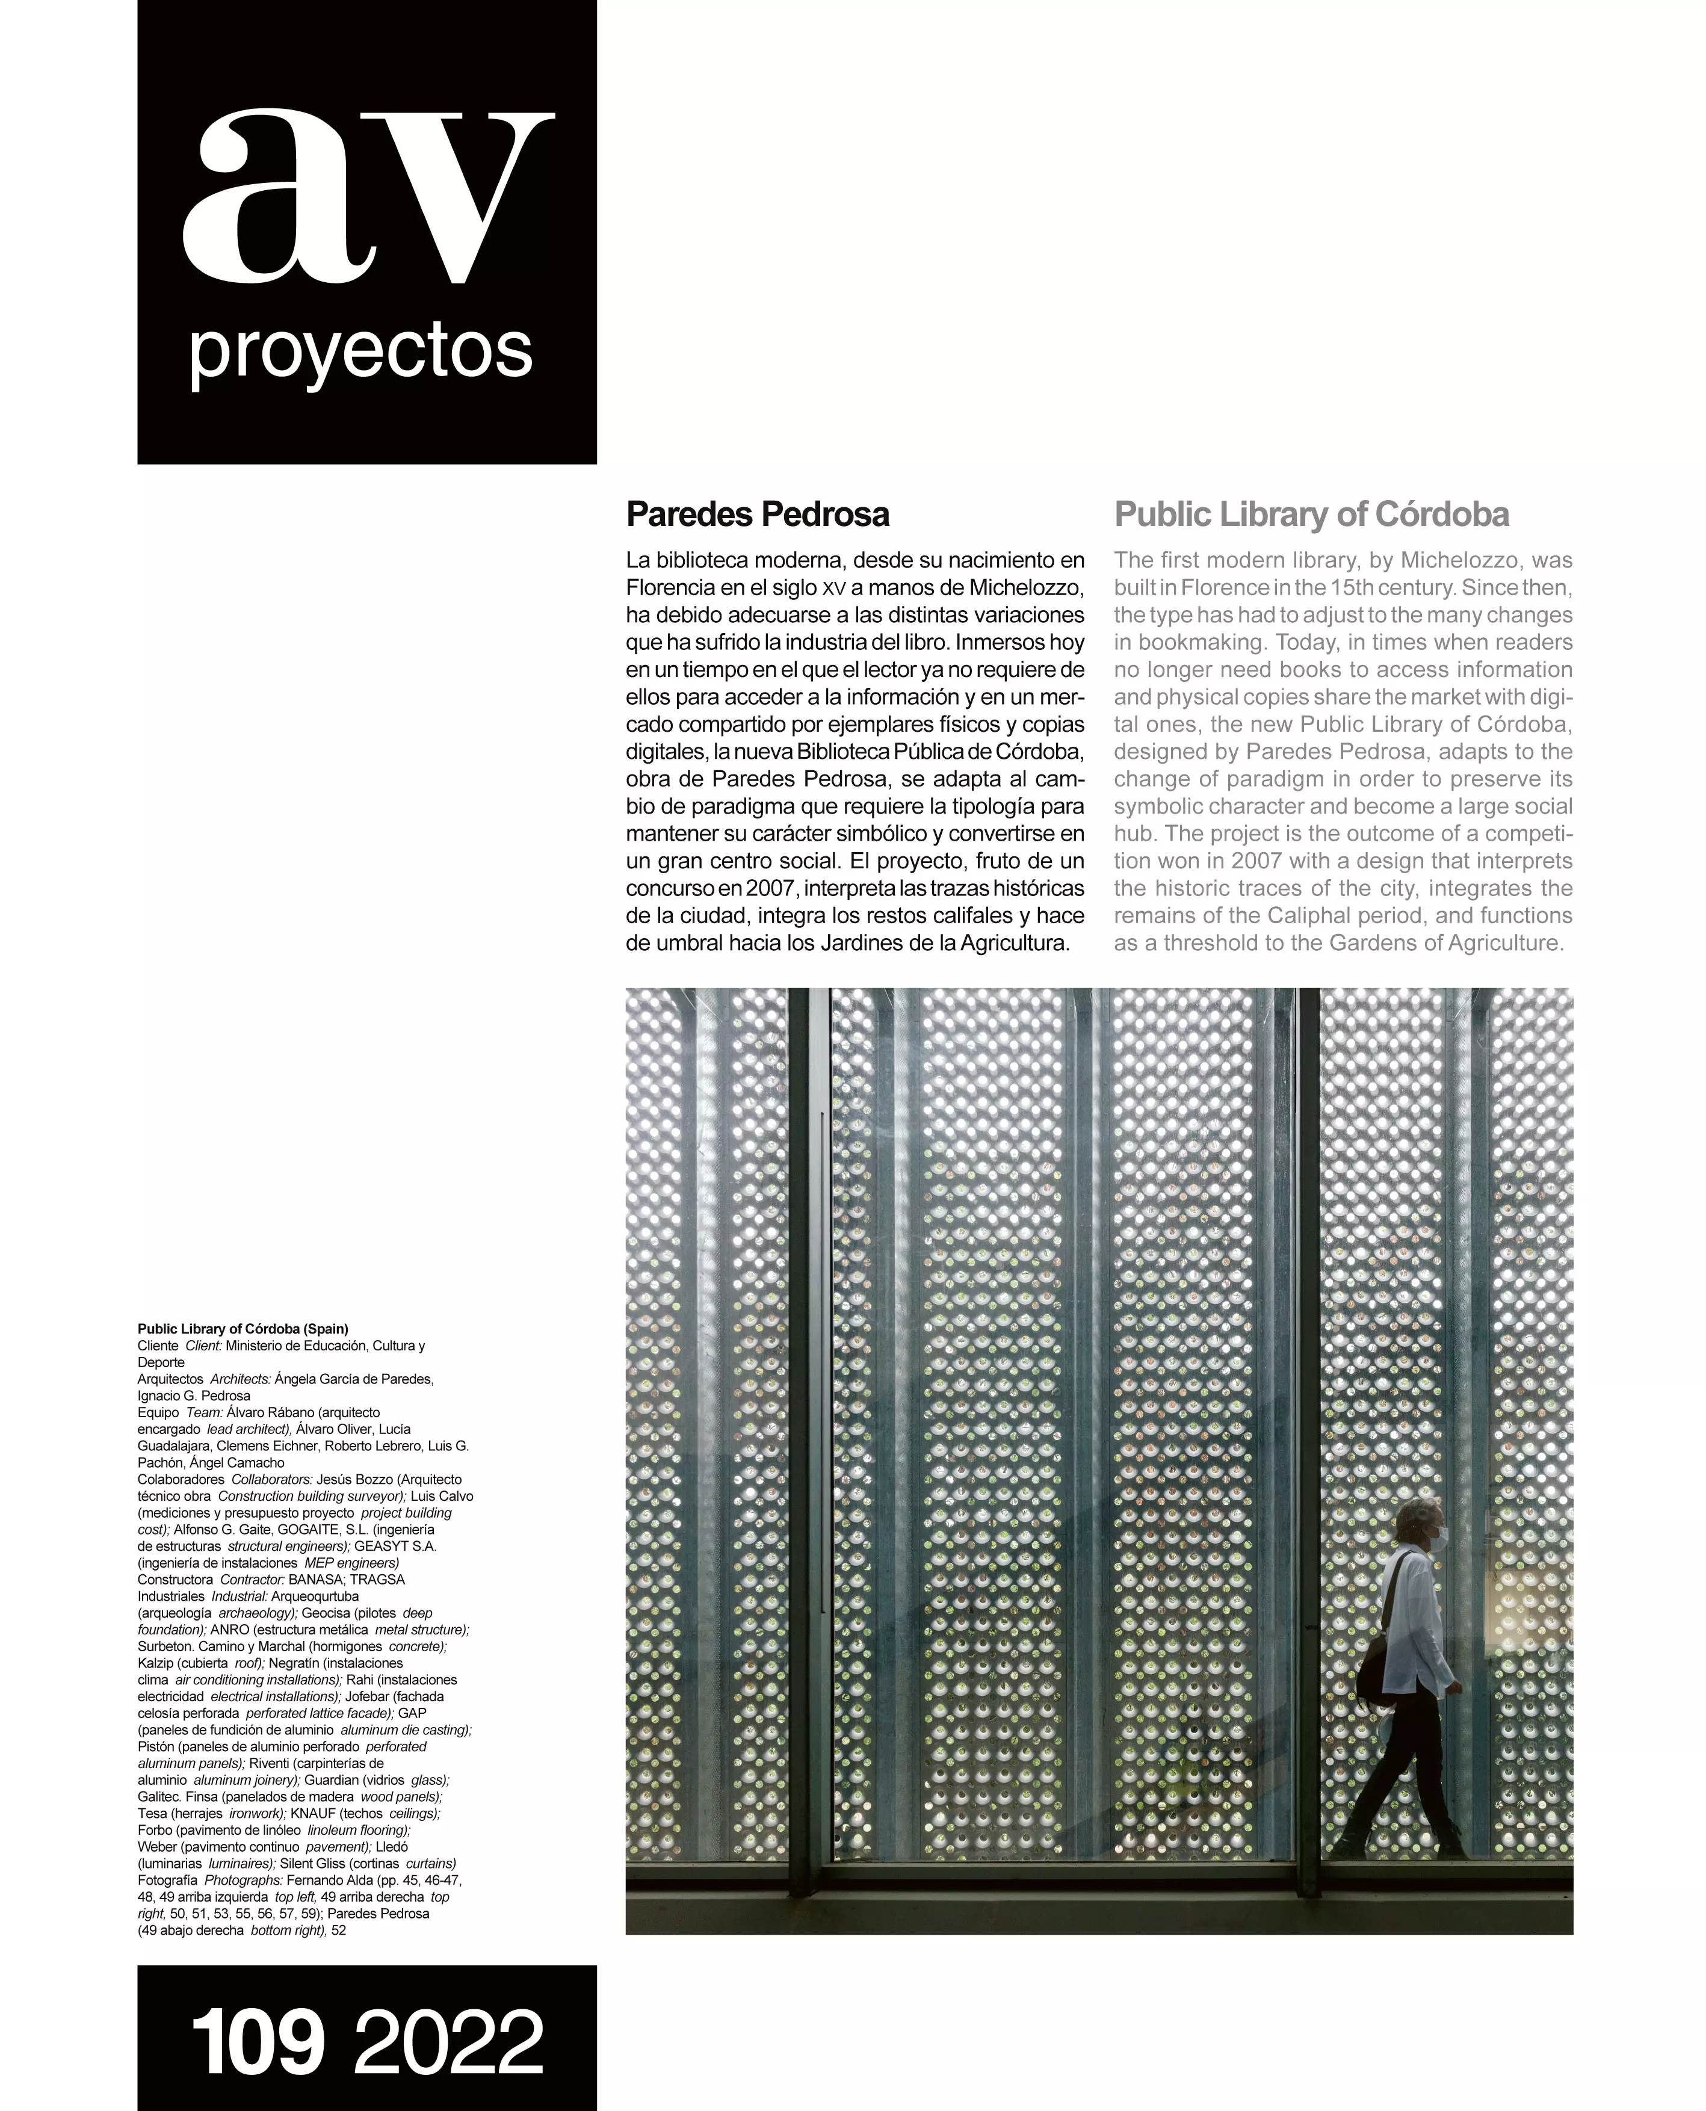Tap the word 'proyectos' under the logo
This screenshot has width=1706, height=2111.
360,352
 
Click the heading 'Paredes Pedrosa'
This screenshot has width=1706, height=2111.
758,514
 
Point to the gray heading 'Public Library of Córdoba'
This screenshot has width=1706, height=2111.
1312,514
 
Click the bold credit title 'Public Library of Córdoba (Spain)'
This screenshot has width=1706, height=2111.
243,1329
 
